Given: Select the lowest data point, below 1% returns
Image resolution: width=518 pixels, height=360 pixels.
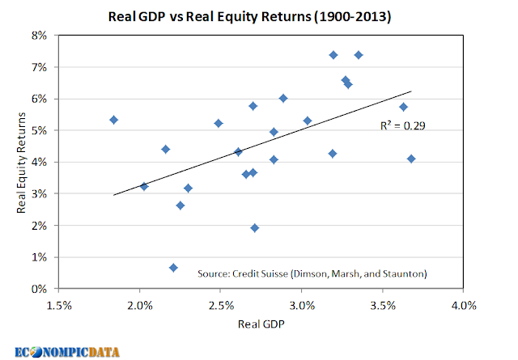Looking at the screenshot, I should pos(173,268).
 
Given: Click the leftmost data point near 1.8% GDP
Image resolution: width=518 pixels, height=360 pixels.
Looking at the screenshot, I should pos(114,120).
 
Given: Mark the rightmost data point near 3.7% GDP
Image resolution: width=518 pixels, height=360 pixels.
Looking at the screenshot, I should pos(411,159).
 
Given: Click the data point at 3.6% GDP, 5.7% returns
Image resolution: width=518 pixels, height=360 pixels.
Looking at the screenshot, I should pos(403,107).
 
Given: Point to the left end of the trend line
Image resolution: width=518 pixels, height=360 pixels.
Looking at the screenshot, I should pos(114,195).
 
